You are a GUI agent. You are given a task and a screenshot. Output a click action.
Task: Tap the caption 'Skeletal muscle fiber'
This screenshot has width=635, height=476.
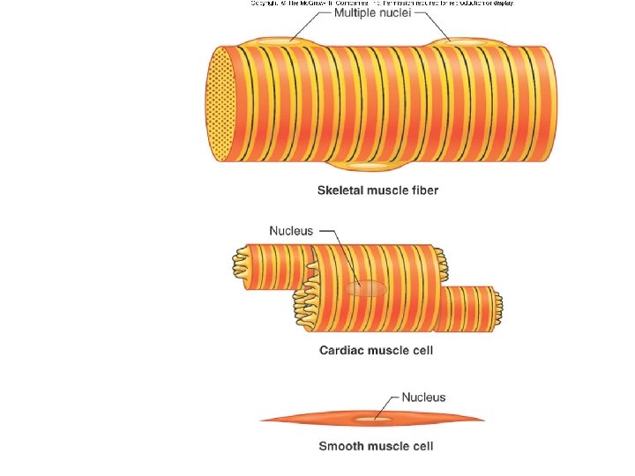coord(377,190)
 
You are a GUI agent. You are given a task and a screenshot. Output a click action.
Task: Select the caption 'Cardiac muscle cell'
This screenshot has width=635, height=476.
coord(376,351)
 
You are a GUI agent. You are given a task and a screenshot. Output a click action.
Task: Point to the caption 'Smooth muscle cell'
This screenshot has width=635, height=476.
coord(376,446)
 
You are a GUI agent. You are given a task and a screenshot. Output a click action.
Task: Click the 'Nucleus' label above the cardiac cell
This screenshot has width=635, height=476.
coord(291,231)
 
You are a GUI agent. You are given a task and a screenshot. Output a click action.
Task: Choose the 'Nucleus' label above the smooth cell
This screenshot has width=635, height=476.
coord(423,398)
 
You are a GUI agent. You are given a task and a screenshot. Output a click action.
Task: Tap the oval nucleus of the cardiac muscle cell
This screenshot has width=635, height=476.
coord(365,289)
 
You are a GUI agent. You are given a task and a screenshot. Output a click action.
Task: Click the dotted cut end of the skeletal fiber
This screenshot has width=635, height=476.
coord(220,103)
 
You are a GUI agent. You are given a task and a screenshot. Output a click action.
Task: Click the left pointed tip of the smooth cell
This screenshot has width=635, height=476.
coord(261,420)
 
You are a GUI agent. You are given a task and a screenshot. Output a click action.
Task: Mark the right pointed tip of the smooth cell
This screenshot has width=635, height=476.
coord(483,418)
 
